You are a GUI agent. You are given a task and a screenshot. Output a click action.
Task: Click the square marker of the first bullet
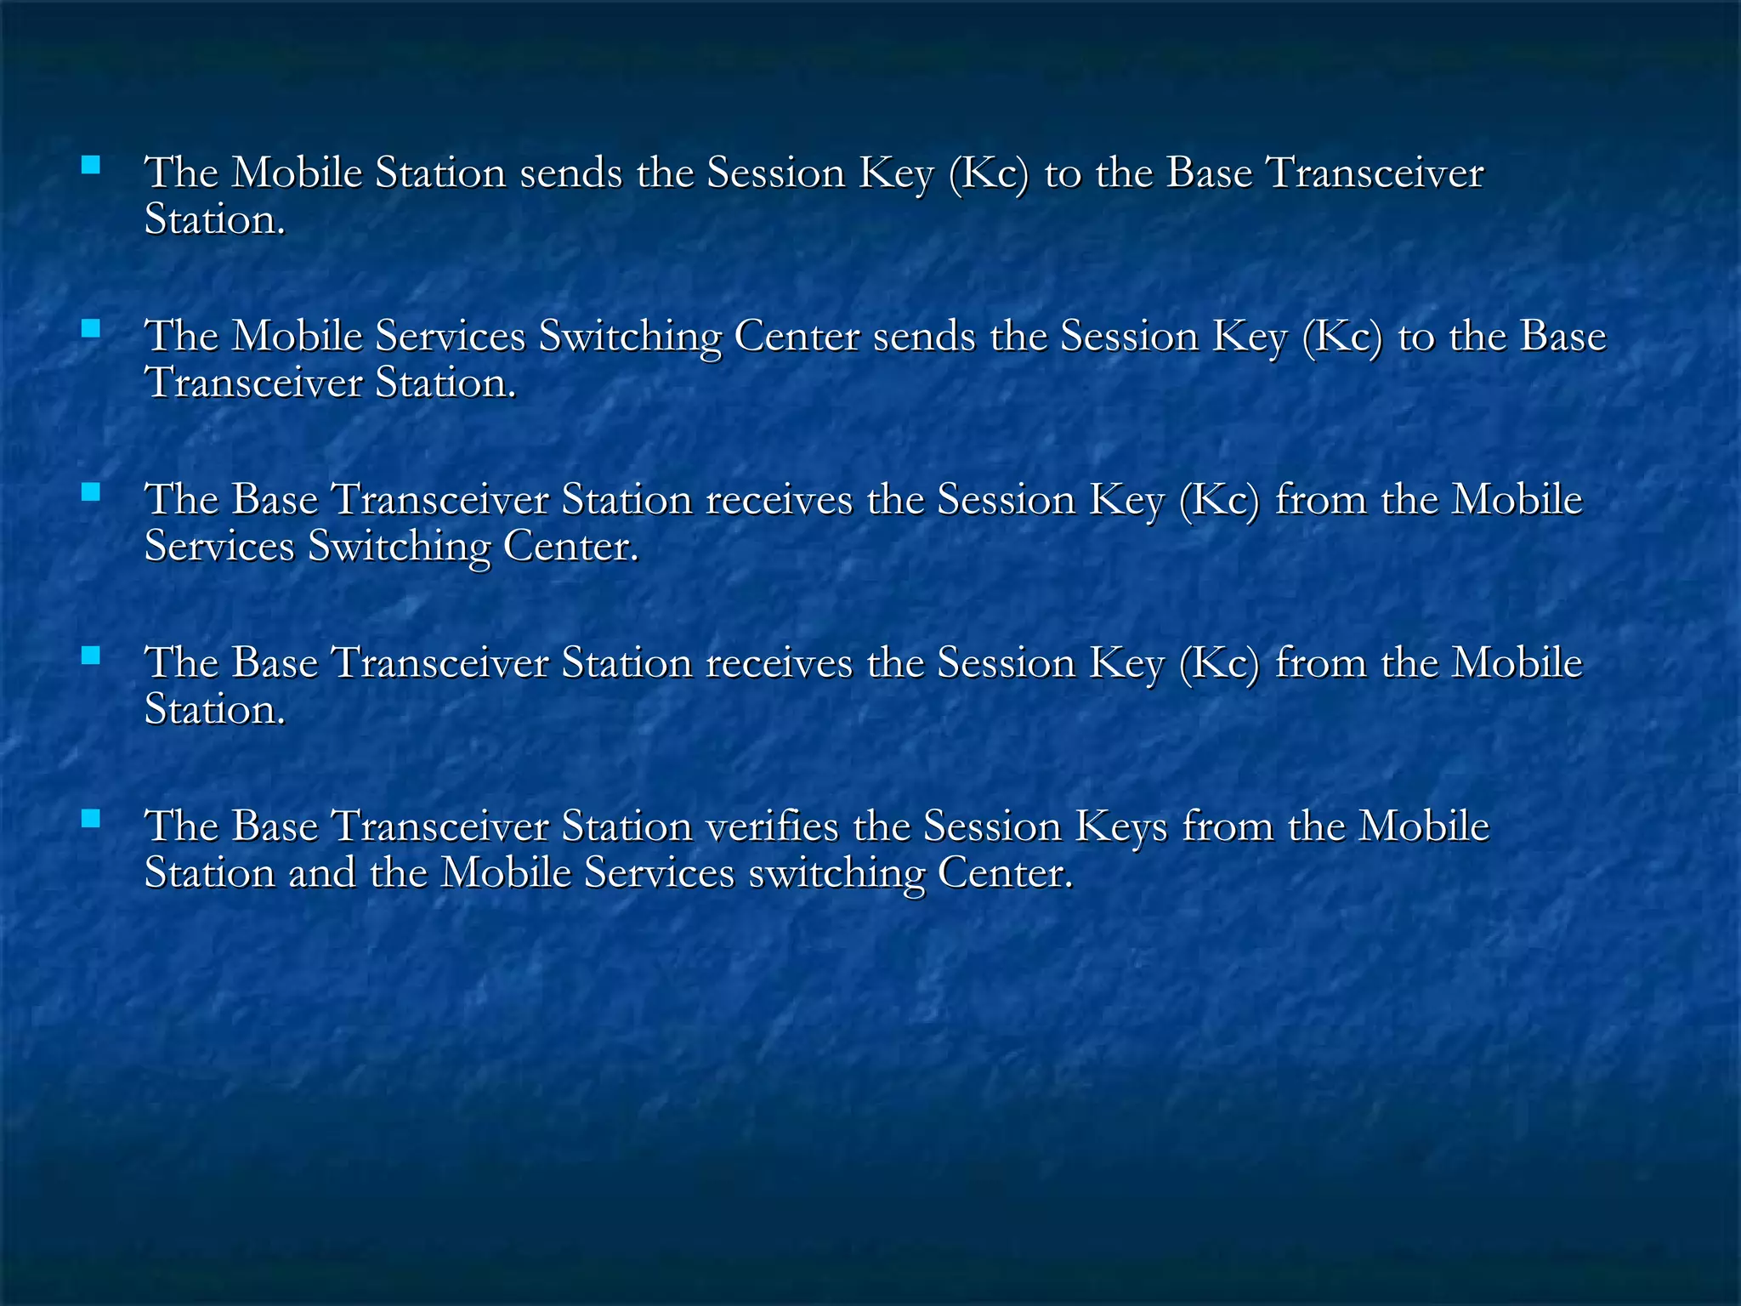click(90, 164)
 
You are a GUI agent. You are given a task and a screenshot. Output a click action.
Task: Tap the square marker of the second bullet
click(90, 328)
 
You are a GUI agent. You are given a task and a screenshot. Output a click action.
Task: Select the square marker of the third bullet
click(90, 491)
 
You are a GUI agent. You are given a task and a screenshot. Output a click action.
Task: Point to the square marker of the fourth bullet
click(90, 655)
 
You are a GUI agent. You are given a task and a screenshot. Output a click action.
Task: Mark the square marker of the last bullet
click(90, 818)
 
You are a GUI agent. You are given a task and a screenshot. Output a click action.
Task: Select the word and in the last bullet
click(322, 873)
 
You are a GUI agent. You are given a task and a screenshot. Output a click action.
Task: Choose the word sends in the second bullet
click(925, 337)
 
